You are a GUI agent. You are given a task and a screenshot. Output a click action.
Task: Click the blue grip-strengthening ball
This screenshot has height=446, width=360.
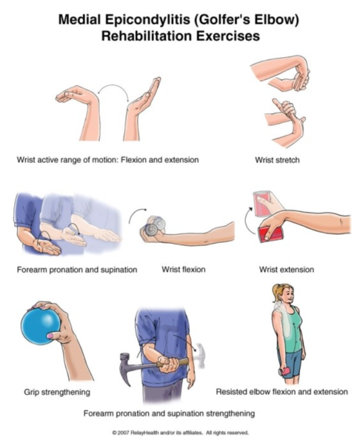[40, 327]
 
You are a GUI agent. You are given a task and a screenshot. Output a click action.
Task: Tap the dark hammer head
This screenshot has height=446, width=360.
[126, 368]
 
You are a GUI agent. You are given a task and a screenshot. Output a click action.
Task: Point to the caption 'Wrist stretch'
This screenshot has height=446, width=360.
[277, 160]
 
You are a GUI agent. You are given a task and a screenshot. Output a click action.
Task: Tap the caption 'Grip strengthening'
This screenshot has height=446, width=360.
[57, 392]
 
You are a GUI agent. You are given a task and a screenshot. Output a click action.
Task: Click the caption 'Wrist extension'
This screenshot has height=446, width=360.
[286, 270]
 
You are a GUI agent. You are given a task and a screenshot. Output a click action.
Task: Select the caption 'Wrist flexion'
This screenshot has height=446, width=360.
[184, 270]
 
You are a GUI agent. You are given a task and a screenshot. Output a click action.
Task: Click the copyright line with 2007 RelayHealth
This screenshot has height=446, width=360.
[181, 432]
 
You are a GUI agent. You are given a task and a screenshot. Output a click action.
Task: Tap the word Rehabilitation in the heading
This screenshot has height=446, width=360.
[146, 36]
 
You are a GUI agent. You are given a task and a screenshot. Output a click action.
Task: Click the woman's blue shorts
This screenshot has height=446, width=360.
[291, 363]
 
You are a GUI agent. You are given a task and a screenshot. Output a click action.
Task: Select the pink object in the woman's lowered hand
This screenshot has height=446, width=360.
[284, 371]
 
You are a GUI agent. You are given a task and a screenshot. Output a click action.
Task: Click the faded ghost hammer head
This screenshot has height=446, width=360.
[200, 355]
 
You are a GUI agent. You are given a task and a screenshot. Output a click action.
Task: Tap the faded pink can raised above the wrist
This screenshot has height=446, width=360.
[263, 203]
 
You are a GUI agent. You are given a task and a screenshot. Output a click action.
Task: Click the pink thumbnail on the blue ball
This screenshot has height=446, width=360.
[51, 335]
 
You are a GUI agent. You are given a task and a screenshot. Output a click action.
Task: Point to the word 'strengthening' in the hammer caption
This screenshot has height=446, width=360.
[230, 413]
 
